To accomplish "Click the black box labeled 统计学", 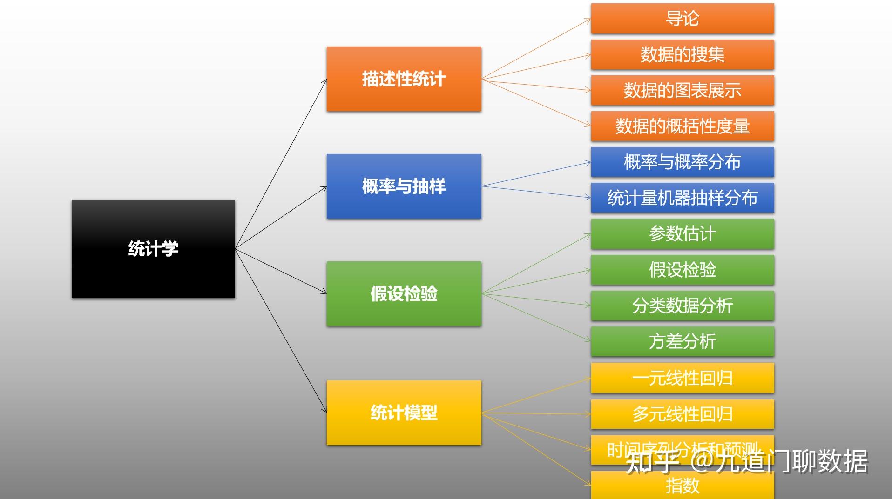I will (153, 249).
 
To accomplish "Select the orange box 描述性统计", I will (404, 79).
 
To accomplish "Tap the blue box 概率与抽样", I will (404, 186).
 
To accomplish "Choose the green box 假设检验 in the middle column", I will (404, 293).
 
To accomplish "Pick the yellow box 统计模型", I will (404, 413).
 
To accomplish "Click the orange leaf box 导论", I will (682, 19).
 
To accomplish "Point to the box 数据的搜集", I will (682, 54).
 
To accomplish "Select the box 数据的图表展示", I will (682, 90).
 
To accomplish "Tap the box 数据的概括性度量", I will (682, 126).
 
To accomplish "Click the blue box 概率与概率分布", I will (682, 162).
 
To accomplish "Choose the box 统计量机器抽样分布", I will (682, 198).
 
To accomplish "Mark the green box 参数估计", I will (682, 233).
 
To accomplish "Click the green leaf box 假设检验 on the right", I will (682, 269).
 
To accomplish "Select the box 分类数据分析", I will (682, 306).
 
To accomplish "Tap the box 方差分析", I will (682, 341).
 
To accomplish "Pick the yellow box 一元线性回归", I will (682, 378).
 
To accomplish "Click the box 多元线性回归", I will (682, 414).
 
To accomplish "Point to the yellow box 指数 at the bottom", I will (682, 486).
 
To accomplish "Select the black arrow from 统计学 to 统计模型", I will (281, 331).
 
